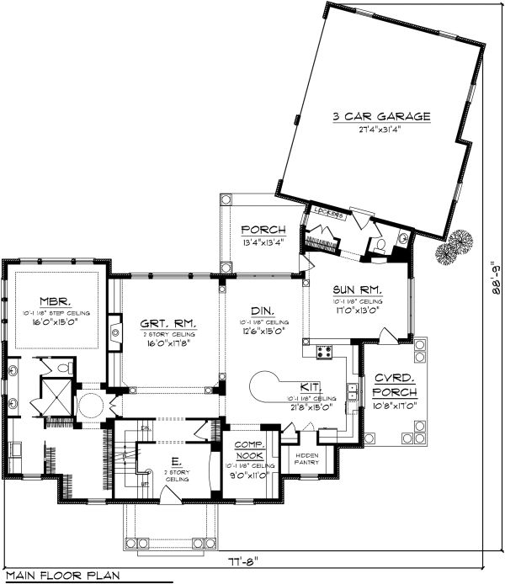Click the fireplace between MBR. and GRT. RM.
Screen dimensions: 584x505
click(114, 337)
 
